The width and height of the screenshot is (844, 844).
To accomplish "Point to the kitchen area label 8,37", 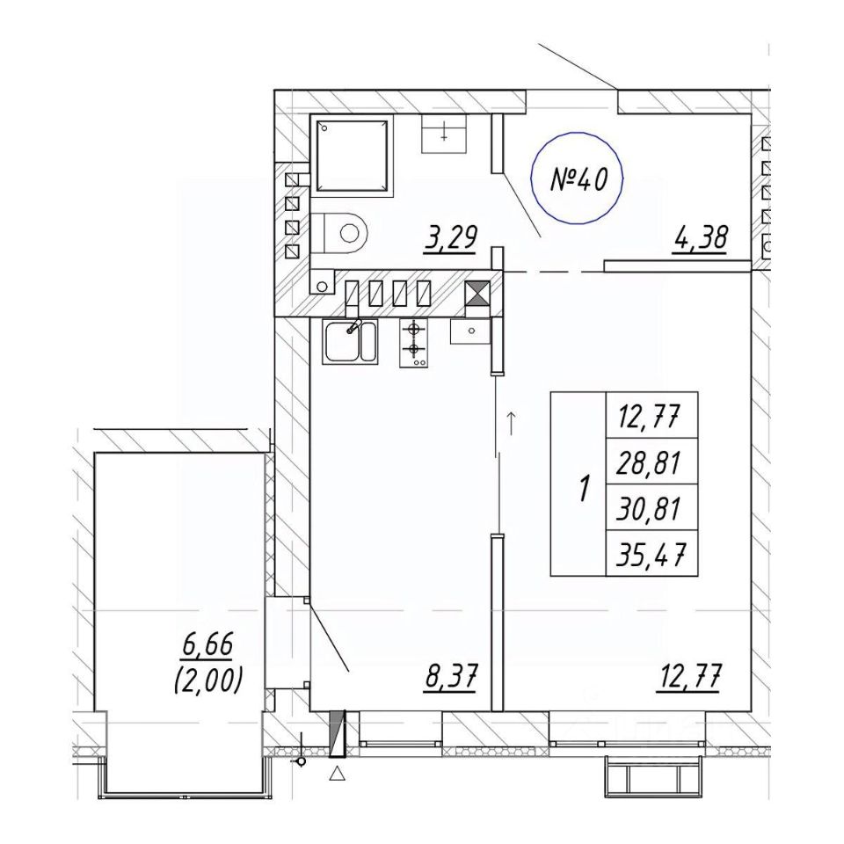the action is tap(450, 677).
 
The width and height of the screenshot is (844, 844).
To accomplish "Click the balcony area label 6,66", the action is tap(207, 644).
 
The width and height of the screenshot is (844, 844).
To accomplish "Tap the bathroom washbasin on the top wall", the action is tap(443, 134).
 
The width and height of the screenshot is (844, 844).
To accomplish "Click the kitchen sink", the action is tap(351, 341).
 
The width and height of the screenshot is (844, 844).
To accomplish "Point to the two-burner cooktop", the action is tap(413, 343).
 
